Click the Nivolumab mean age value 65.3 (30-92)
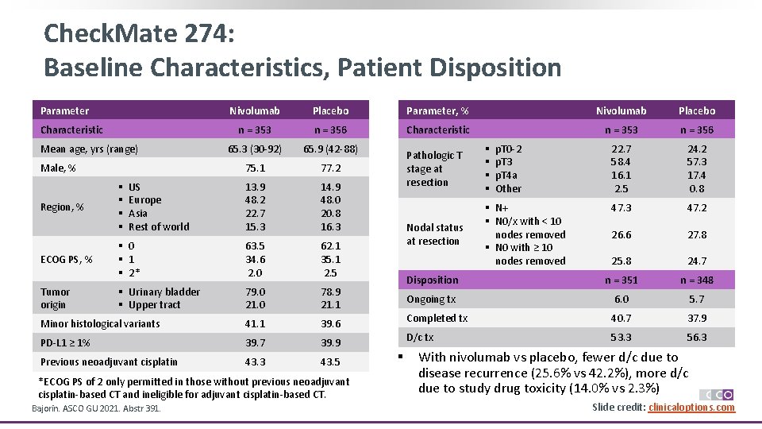coord(255,149)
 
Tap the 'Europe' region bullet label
coord(144,200)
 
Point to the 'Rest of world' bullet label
coord(159,226)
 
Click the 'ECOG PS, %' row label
coord(67,260)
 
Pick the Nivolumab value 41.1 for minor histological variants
coord(255,324)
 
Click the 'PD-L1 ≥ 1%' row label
coord(65,343)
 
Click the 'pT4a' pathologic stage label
coord(506,176)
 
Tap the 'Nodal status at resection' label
coord(434,234)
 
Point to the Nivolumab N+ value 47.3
coord(622,208)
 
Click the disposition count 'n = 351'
coord(622,280)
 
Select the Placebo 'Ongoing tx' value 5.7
coord(695,300)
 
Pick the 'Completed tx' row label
coord(437,319)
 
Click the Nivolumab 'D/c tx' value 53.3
coord(622,338)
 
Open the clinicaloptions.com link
coord(691,408)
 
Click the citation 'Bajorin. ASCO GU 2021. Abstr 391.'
coord(96,408)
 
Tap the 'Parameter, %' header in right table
coord(437,110)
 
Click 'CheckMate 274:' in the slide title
coord(138,33)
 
